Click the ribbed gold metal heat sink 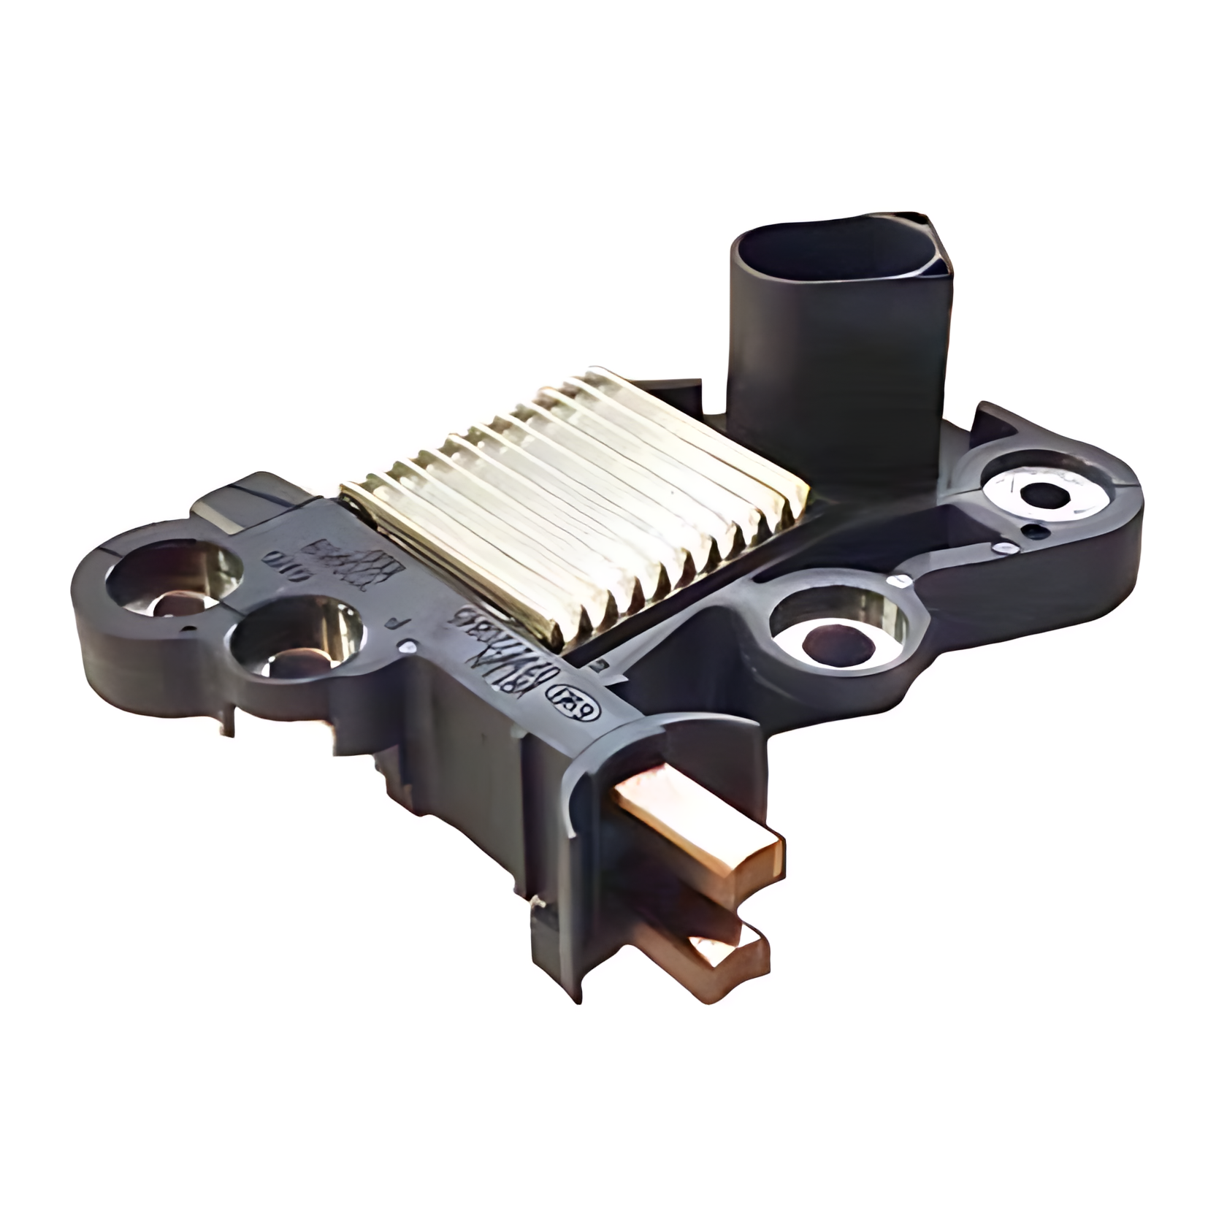[577, 511]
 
